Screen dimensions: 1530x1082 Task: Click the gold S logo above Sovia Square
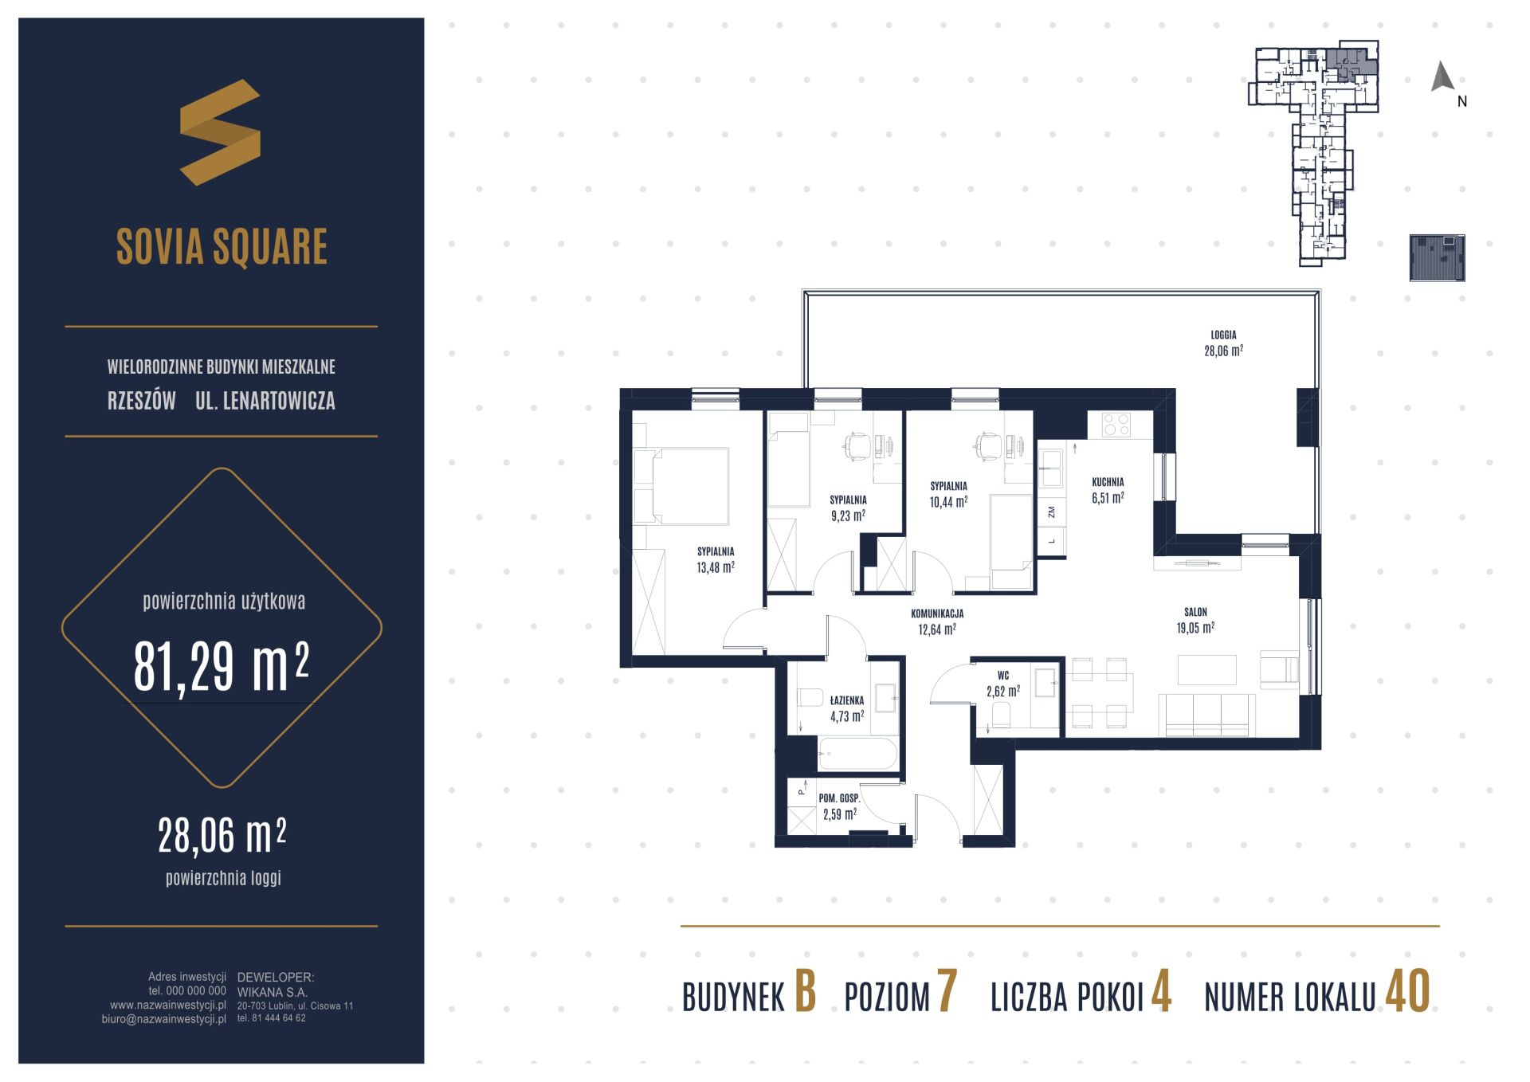[220, 132]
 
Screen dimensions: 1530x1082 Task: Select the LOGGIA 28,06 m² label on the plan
[1223, 343]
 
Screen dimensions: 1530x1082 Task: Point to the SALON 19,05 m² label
[1195, 620]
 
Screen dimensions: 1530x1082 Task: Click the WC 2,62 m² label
[1003, 684]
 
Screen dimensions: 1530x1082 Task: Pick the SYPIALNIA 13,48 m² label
[715, 559]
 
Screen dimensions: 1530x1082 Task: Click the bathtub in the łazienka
[857, 753]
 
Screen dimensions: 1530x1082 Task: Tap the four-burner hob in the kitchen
[1115, 424]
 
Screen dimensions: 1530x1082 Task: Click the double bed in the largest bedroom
[682, 485]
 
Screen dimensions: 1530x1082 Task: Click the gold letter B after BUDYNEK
[806, 992]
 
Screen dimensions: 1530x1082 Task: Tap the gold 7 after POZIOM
[947, 992]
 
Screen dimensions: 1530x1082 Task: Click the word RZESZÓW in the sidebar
[142, 400]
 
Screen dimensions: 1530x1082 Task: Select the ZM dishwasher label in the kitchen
[1052, 512]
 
